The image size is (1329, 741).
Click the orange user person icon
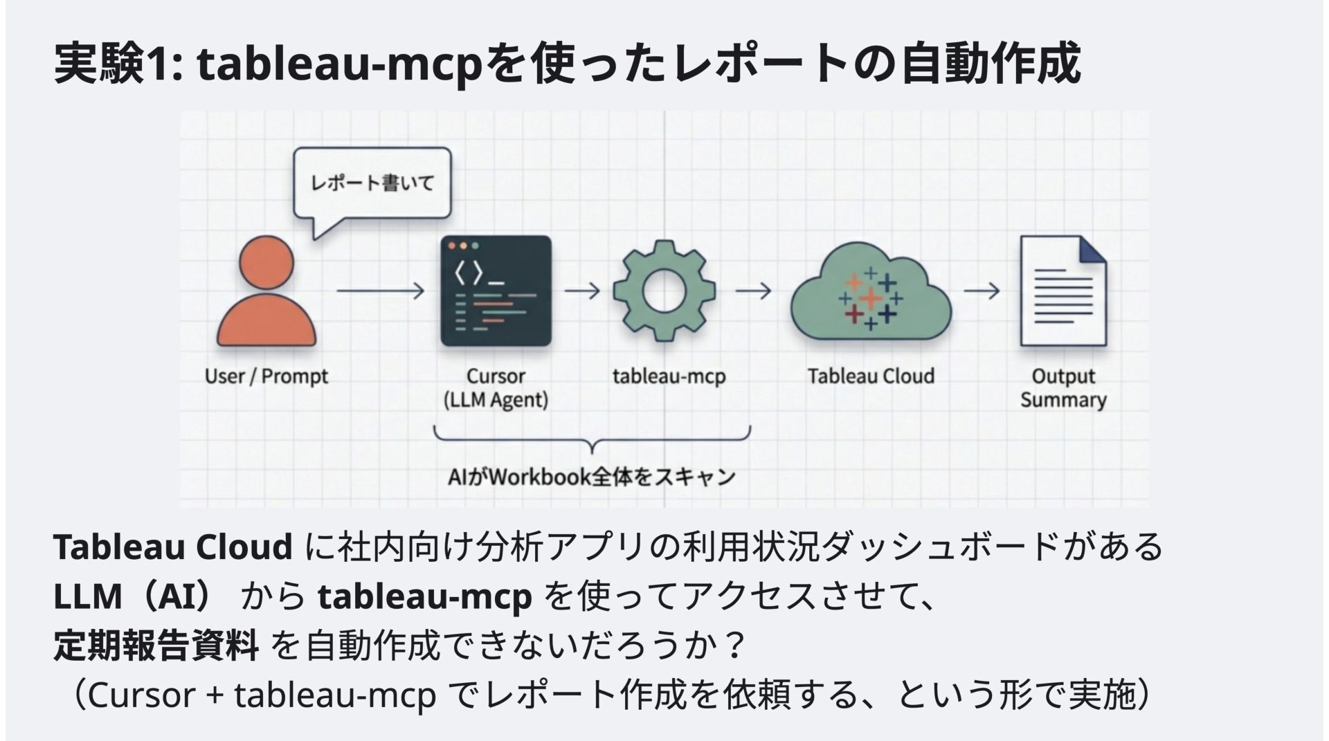point(266,294)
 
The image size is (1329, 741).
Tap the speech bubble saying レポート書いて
point(372,183)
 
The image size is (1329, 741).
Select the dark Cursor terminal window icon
point(496,291)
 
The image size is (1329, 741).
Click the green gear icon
point(664,291)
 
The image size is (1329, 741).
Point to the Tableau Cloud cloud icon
point(871,294)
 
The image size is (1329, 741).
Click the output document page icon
point(1063,291)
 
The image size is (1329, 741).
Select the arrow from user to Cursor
point(380,291)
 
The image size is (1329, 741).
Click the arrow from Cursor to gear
point(582,291)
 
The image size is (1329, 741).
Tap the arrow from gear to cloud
point(753,291)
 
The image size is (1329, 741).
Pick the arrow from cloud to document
point(982,291)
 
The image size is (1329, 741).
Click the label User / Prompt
point(266,376)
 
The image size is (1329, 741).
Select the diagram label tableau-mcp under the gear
point(669,376)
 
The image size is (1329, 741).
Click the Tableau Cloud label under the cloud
point(871,376)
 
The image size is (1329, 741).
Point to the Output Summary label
point(1063,388)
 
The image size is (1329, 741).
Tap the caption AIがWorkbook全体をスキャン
point(591,477)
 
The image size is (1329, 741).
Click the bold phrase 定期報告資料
point(156,645)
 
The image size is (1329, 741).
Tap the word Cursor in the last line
point(141,695)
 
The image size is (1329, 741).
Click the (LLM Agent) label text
point(496,400)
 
